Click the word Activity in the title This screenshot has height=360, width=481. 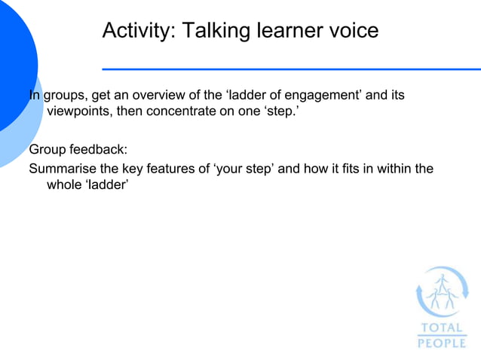[133, 31]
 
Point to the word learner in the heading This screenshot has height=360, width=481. [286, 31]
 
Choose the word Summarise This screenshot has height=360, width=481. [62, 168]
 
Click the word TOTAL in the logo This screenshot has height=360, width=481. [442, 328]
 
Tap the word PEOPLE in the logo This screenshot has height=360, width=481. [442, 343]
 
